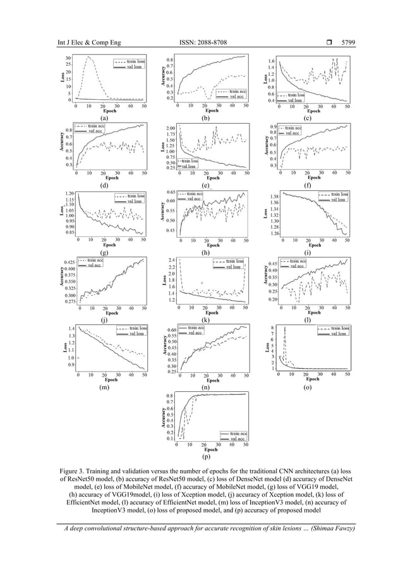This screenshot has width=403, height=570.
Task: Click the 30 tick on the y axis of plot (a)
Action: pos(68,58)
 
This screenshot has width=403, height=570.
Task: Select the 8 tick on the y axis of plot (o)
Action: pos(272,328)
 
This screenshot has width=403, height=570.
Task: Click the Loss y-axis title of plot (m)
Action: pos(64,348)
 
